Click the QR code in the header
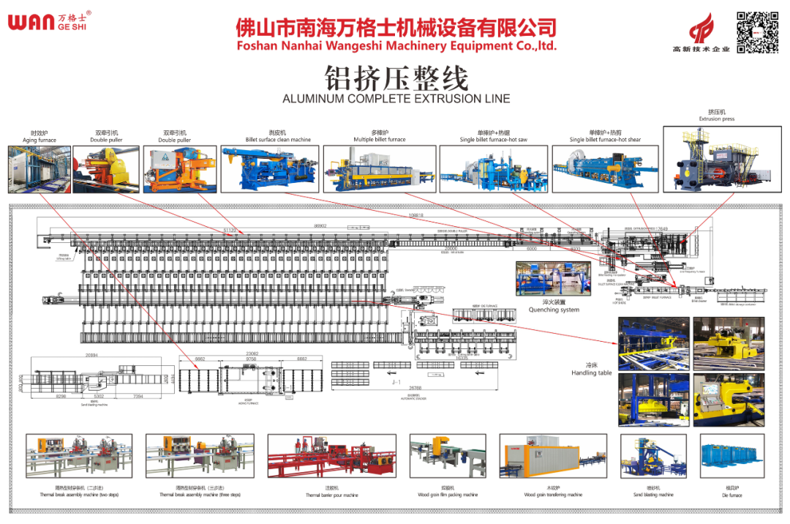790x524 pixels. click(x=757, y=32)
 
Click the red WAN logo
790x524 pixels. click(x=31, y=20)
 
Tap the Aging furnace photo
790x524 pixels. click(x=38, y=169)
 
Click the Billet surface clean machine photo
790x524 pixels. click(x=270, y=169)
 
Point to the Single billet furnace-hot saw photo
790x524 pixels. click(x=492, y=169)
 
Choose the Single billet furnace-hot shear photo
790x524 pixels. click(x=604, y=169)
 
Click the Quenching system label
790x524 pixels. click(x=554, y=310)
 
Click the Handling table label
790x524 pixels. click(x=592, y=373)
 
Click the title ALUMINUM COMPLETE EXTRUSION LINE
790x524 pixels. click(x=396, y=99)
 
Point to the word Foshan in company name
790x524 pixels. click(x=256, y=45)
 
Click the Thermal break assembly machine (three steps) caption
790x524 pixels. click(x=200, y=495)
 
